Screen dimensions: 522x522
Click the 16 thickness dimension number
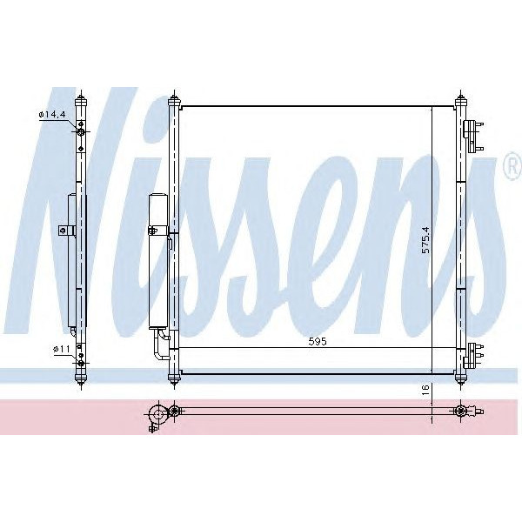(x=425, y=391)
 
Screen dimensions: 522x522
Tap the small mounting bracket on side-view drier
(x=63, y=231)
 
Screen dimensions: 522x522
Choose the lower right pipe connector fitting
(x=473, y=355)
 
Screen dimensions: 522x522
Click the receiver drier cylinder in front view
(x=157, y=261)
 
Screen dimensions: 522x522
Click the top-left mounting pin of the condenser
(x=173, y=97)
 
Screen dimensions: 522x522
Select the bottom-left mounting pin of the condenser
(x=173, y=378)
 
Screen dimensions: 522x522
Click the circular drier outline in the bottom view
(x=157, y=413)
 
